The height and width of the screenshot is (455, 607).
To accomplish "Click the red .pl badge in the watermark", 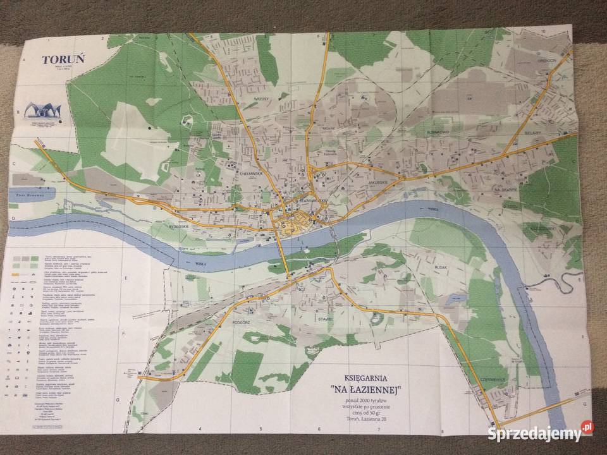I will click(x=588, y=428).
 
